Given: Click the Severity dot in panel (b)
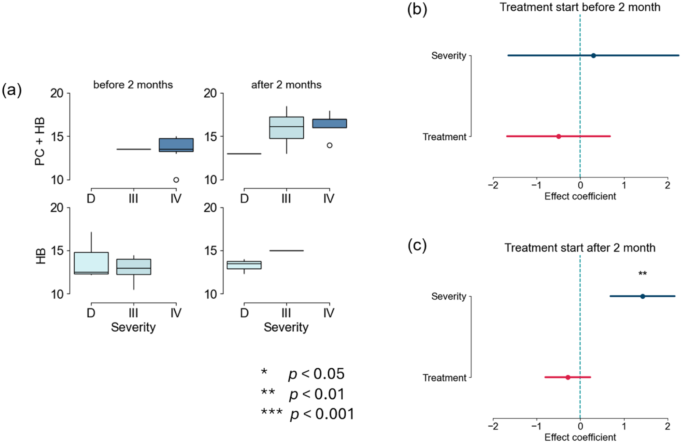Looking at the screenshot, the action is (593, 55).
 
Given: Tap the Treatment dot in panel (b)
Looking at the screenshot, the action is (559, 136).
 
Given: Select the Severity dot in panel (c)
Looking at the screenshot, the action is (643, 296).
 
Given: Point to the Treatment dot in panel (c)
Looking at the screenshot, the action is (568, 377).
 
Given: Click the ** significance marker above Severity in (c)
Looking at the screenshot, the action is (643, 274).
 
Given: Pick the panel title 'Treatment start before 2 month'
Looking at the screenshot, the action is (580, 7).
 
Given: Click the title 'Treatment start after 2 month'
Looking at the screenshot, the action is (580, 248).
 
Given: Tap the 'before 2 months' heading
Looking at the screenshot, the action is (133, 85).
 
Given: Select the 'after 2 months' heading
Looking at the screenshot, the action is (286, 85).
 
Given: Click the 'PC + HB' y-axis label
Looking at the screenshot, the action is (40, 141).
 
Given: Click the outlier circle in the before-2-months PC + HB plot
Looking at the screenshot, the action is (176, 180).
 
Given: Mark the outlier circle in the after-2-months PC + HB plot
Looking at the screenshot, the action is (329, 145).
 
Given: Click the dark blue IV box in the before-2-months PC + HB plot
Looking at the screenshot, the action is (176, 145).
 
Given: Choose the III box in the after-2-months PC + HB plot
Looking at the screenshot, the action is (286, 128).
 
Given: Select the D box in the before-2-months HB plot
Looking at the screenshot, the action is (91, 263).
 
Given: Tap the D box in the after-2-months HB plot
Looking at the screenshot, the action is (244, 265).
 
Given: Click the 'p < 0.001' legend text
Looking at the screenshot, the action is (322, 414).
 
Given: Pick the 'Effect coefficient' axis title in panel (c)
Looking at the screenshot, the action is (580, 437).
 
